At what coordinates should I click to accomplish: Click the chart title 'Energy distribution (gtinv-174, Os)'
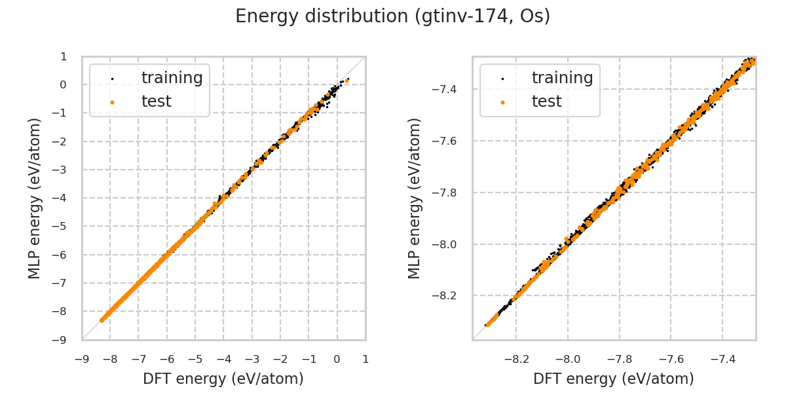(x=392, y=16)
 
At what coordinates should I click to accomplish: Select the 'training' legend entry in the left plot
(x=172, y=78)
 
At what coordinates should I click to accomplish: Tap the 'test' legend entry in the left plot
(x=156, y=102)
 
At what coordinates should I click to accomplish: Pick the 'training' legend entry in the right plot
(x=562, y=78)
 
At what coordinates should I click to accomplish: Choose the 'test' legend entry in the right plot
(x=546, y=102)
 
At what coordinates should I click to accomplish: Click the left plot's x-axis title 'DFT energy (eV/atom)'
(x=223, y=379)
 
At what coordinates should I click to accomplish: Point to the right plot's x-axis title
(x=614, y=379)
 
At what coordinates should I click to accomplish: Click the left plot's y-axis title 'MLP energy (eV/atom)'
(x=35, y=198)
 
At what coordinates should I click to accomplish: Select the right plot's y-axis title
(x=414, y=198)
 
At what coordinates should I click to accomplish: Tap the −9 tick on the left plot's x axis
(x=82, y=359)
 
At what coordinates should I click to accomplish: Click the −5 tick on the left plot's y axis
(x=62, y=226)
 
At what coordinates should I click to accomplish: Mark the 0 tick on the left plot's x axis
(x=337, y=359)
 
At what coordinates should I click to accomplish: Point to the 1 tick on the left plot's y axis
(x=64, y=56)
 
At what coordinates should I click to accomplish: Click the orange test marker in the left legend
(x=112, y=102)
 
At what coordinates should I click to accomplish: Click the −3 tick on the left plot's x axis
(x=252, y=359)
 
